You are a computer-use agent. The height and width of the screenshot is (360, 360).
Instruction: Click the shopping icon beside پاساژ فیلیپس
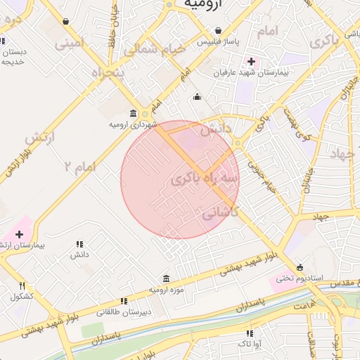[219, 31]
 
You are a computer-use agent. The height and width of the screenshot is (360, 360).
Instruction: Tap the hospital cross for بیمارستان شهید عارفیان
[251, 61]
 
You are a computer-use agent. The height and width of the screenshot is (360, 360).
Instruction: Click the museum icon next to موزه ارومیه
[166, 278]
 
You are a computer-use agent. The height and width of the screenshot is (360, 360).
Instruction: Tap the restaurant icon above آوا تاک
[249, 333]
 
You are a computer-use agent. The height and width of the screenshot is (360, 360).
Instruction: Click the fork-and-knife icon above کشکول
[22, 285]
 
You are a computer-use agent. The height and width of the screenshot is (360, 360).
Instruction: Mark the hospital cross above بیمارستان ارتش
[19, 233]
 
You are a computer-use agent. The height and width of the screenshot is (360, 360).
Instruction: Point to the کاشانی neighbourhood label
[221, 212]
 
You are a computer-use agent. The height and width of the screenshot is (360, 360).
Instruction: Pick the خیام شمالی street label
[155, 50]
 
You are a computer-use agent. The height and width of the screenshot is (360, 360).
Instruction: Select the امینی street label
[70, 44]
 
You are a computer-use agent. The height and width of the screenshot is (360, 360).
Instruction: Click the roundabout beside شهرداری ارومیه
[145, 113]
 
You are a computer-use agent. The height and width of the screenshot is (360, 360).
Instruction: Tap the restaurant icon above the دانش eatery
[79, 244]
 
